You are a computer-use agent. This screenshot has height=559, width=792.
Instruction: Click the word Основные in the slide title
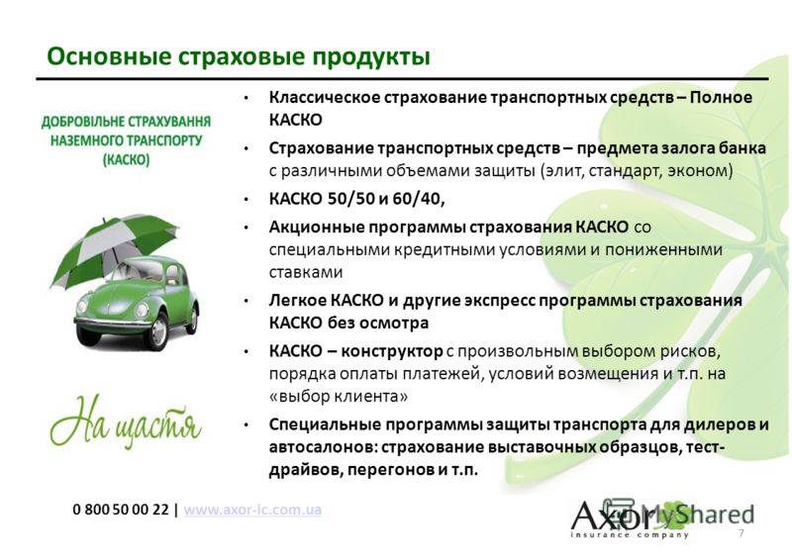point(109,56)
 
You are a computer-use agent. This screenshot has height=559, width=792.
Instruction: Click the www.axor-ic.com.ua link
point(252,509)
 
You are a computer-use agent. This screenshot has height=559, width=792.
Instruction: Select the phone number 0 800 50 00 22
point(120,509)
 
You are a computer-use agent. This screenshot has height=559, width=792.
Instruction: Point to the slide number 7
point(741,533)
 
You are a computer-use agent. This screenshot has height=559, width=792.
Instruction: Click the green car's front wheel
point(157,330)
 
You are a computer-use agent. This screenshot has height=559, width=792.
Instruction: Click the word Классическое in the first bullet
point(325,98)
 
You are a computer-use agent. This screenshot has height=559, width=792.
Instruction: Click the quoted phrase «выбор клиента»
point(338,396)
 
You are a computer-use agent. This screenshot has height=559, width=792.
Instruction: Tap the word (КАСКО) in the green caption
point(127,160)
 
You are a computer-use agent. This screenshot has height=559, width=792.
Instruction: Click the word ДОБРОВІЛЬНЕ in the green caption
point(83,122)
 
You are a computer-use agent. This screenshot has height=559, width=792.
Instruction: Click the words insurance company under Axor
point(630,535)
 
